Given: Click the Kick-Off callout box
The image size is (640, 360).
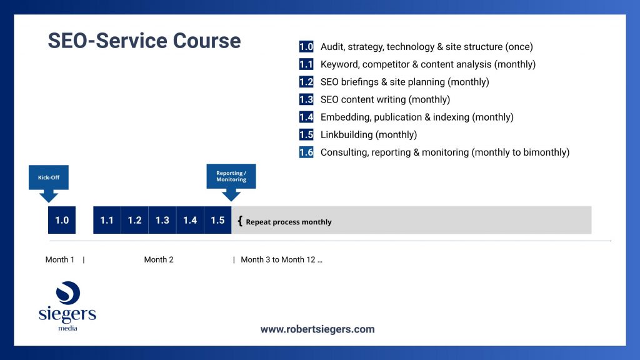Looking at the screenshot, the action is click(x=49, y=177).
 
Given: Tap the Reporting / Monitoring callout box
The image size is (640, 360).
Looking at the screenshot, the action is click(x=231, y=176).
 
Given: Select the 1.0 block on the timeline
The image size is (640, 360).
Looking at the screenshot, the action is click(x=62, y=220).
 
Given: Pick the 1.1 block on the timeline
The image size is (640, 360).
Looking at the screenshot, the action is click(x=107, y=220).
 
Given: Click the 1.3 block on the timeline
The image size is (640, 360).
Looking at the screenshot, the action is click(x=162, y=220).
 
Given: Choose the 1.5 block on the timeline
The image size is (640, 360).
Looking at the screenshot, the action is click(x=217, y=220).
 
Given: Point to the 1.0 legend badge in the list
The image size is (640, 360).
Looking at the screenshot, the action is click(x=306, y=46).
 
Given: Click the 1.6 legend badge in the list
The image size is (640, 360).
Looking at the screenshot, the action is click(x=306, y=152).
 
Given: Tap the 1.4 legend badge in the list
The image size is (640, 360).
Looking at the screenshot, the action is click(x=306, y=117).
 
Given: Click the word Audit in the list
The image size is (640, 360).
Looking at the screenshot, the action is click(x=332, y=47).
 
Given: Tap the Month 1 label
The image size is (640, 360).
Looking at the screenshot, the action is click(x=59, y=259).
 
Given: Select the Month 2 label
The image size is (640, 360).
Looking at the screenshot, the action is click(x=159, y=259).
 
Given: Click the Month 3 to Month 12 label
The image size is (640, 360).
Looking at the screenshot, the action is click(x=281, y=259).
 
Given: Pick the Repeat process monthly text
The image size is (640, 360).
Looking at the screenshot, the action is click(x=289, y=222).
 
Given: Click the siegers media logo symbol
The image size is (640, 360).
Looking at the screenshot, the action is click(x=68, y=293).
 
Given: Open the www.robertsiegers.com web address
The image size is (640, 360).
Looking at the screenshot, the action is click(x=317, y=329).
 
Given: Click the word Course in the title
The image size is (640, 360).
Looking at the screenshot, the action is click(x=206, y=41).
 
